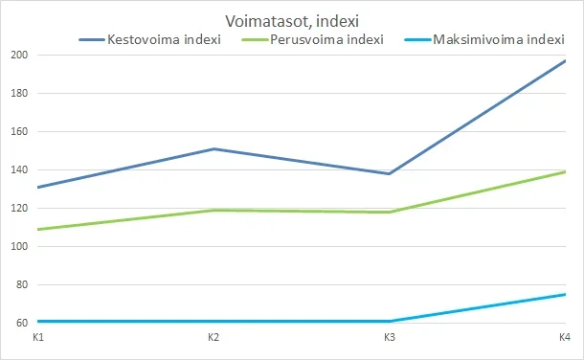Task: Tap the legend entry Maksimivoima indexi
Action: pyautogui.click(x=498, y=40)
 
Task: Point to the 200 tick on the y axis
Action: pyautogui.click(x=18, y=56)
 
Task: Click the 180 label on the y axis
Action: pyautogui.click(x=18, y=94)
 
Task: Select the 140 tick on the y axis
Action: pyautogui.click(x=18, y=170)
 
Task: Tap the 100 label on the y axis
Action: pyautogui.click(x=18, y=247)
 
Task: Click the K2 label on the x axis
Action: pyautogui.click(x=213, y=338)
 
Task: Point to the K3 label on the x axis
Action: pyautogui.click(x=390, y=338)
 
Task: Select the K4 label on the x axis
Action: pyautogui.click(x=565, y=338)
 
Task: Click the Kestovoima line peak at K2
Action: pyautogui.click(x=213, y=148)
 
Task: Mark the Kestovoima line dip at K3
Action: pyautogui.click(x=390, y=173)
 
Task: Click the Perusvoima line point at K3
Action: pyautogui.click(x=390, y=212)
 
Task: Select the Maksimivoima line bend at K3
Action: pyautogui.click(x=390, y=321)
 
